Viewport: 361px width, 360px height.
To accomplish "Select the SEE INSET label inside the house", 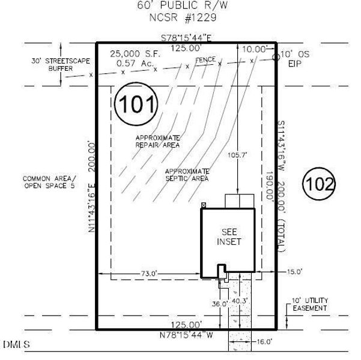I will pyautogui.click(x=231, y=237).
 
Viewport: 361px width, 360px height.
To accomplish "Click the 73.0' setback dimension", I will pyautogui.click(x=148, y=274).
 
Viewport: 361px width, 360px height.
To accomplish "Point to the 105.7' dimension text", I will pyautogui.click(x=238, y=155).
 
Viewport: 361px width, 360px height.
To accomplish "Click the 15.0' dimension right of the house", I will pyautogui.click(x=294, y=272).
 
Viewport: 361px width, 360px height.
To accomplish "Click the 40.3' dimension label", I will pyautogui.click(x=240, y=301).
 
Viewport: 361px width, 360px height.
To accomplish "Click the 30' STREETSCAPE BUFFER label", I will pyautogui.click(x=52, y=65).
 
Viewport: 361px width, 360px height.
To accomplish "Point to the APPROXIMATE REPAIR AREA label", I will pyautogui.click(x=157, y=141).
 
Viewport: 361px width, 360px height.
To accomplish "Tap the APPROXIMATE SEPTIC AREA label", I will pyautogui.click(x=187, y=175).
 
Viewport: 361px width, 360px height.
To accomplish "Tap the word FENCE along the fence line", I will pyautogui.click(x=205, y=61).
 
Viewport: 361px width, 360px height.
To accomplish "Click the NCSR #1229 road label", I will pyautogui.click(x=183, y=18).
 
